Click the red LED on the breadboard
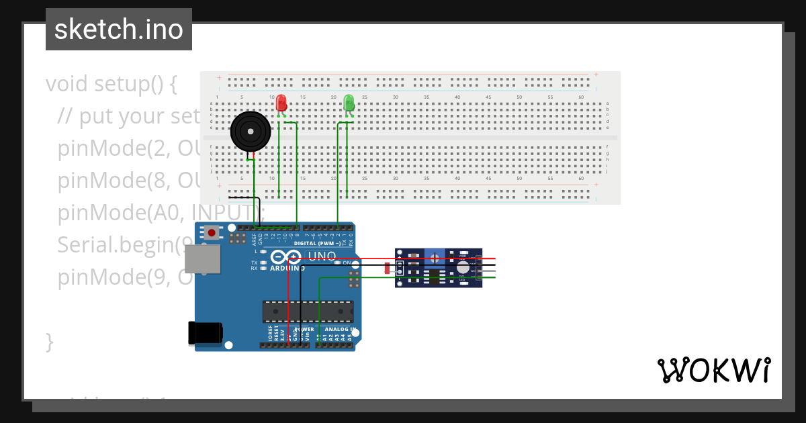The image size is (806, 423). click(x=281, y=103)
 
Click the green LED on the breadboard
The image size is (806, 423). click(x=349, y=103)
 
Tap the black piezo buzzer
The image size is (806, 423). click(x=250, y=132)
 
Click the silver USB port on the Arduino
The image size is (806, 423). click(x=202, y=260)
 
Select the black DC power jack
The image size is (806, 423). click(x=205, y=333)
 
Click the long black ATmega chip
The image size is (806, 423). click(x=308, y=312)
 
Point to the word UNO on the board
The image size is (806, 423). click(x=321, y=256)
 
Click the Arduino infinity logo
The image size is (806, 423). click(x=287, y=257)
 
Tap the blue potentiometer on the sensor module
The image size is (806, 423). click(x=435, y=257)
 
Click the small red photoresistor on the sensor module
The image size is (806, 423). click(x=387, y=269)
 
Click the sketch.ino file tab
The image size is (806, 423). click(x=119, y=30)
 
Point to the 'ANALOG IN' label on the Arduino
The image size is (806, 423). click(x=339, y=330)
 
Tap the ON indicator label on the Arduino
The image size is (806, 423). click(x=347, y=263)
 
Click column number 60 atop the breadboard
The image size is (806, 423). click(x=580, y=98)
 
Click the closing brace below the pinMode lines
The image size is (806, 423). click(x=49, y=341)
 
